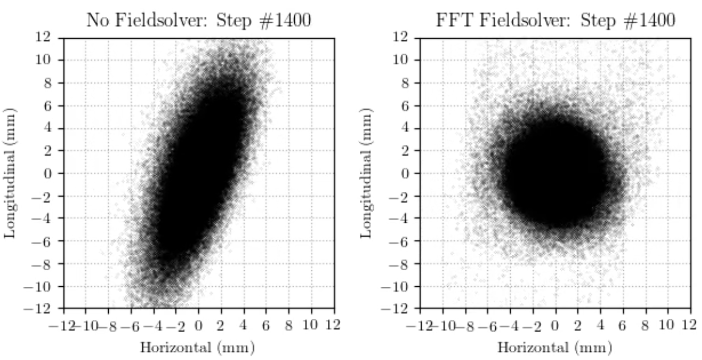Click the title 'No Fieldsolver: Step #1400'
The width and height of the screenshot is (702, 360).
click(198, 21)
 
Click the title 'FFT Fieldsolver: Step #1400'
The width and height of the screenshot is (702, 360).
click(555, 21)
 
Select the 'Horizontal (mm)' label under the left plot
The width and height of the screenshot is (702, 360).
click(197, 348)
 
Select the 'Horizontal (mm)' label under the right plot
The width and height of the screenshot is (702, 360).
click(555, 348)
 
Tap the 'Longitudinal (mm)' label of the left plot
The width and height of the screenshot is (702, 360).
click(10, 173)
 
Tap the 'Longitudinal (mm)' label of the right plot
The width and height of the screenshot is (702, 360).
click(366, 173)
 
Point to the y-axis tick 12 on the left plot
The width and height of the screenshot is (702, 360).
click(43, 37)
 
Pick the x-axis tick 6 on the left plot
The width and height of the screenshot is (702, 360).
click(266, 326)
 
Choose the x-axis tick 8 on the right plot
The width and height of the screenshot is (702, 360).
click(645, 326)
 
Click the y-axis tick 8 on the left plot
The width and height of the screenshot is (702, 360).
click(47, 83)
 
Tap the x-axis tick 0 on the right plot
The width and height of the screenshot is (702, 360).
click(555, 326)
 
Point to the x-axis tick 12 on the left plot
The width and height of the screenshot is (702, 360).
click(333, 325)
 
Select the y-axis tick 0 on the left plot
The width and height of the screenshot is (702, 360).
click(47, 173)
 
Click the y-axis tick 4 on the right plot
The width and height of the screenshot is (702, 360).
click(405, 128)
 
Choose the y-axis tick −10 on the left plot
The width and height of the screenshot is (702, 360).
click(37, 287)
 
